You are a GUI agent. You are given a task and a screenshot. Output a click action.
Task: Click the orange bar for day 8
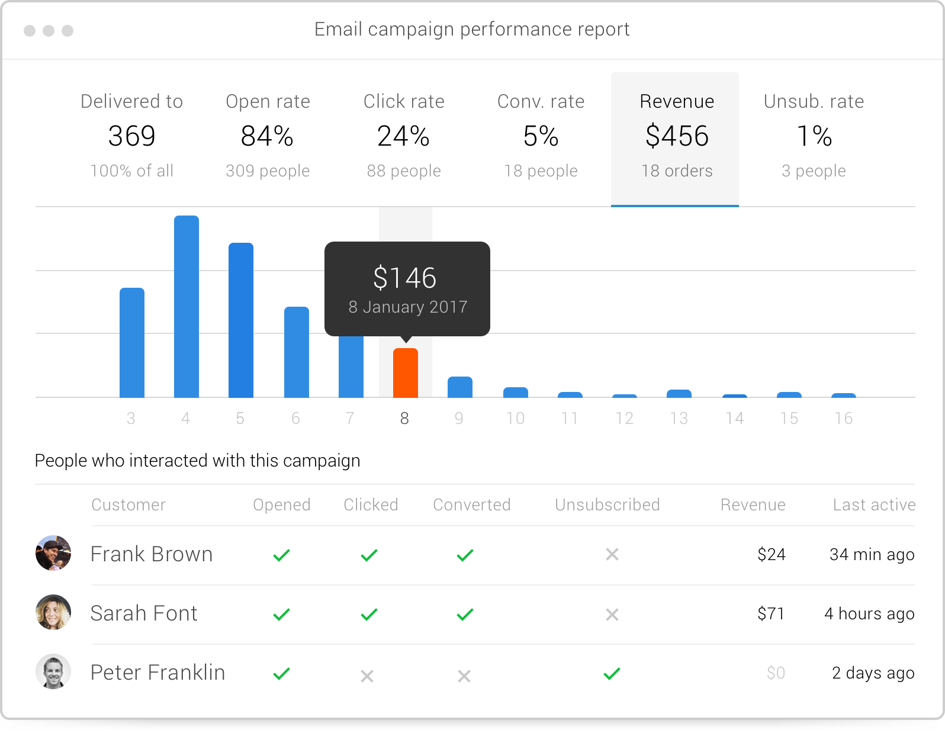(x=406, y=373)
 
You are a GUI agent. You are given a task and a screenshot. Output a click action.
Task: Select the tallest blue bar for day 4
(x=187, y=307)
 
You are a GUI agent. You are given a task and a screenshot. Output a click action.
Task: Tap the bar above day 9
(x=460, y=387)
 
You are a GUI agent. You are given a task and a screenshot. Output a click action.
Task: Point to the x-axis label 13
(x=679, y=419)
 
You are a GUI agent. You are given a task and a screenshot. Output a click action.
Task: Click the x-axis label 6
(x=296, y=419)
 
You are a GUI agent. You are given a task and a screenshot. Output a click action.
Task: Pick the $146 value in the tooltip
(x=405, y=278)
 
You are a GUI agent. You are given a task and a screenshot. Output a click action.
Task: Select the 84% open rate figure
(x=268, y=137)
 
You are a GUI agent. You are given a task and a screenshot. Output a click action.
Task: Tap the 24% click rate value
(x=404, y=137)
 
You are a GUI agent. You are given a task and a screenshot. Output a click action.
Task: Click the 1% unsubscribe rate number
(x=814, y=137)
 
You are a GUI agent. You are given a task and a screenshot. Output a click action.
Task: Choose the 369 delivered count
(x=131, y=137)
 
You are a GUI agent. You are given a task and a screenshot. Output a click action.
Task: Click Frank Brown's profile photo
(x=53, y=554)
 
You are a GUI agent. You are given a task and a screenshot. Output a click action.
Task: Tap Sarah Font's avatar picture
(x=53, y=612)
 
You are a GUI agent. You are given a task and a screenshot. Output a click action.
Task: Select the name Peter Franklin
(x=157, y=673)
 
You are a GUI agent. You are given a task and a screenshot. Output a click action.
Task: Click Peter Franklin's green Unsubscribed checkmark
(x=612, y=674)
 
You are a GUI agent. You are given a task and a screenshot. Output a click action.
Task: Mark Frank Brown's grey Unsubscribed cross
(x=612, y=555)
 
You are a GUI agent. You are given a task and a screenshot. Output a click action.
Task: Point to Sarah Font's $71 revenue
(x=771, y=614)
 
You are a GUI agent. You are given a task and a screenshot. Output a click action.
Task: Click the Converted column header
(x=472, y=505)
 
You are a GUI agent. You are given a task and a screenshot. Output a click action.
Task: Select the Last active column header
(x=874, y=505)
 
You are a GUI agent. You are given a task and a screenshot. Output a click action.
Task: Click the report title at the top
(x=472, y=30)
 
